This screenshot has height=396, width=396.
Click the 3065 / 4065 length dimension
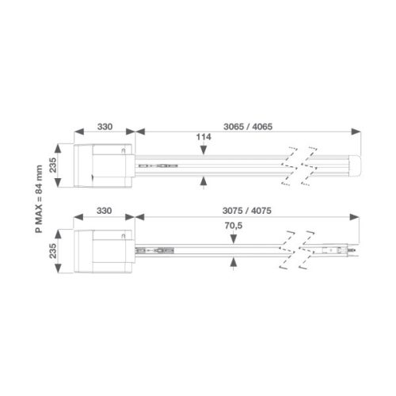point(248,127)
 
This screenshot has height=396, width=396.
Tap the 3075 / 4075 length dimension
point(247,211)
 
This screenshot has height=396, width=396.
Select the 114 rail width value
point(204,137)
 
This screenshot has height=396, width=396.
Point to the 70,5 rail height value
point(234,226)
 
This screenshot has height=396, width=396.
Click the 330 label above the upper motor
point(105,127)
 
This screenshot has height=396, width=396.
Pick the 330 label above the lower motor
point(104,211)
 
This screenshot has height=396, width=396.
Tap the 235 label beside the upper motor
point(53,165)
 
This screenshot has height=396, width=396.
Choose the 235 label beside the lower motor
point(53,251)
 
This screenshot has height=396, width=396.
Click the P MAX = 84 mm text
point(39,199)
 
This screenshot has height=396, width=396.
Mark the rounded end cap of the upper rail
point(355,166)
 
